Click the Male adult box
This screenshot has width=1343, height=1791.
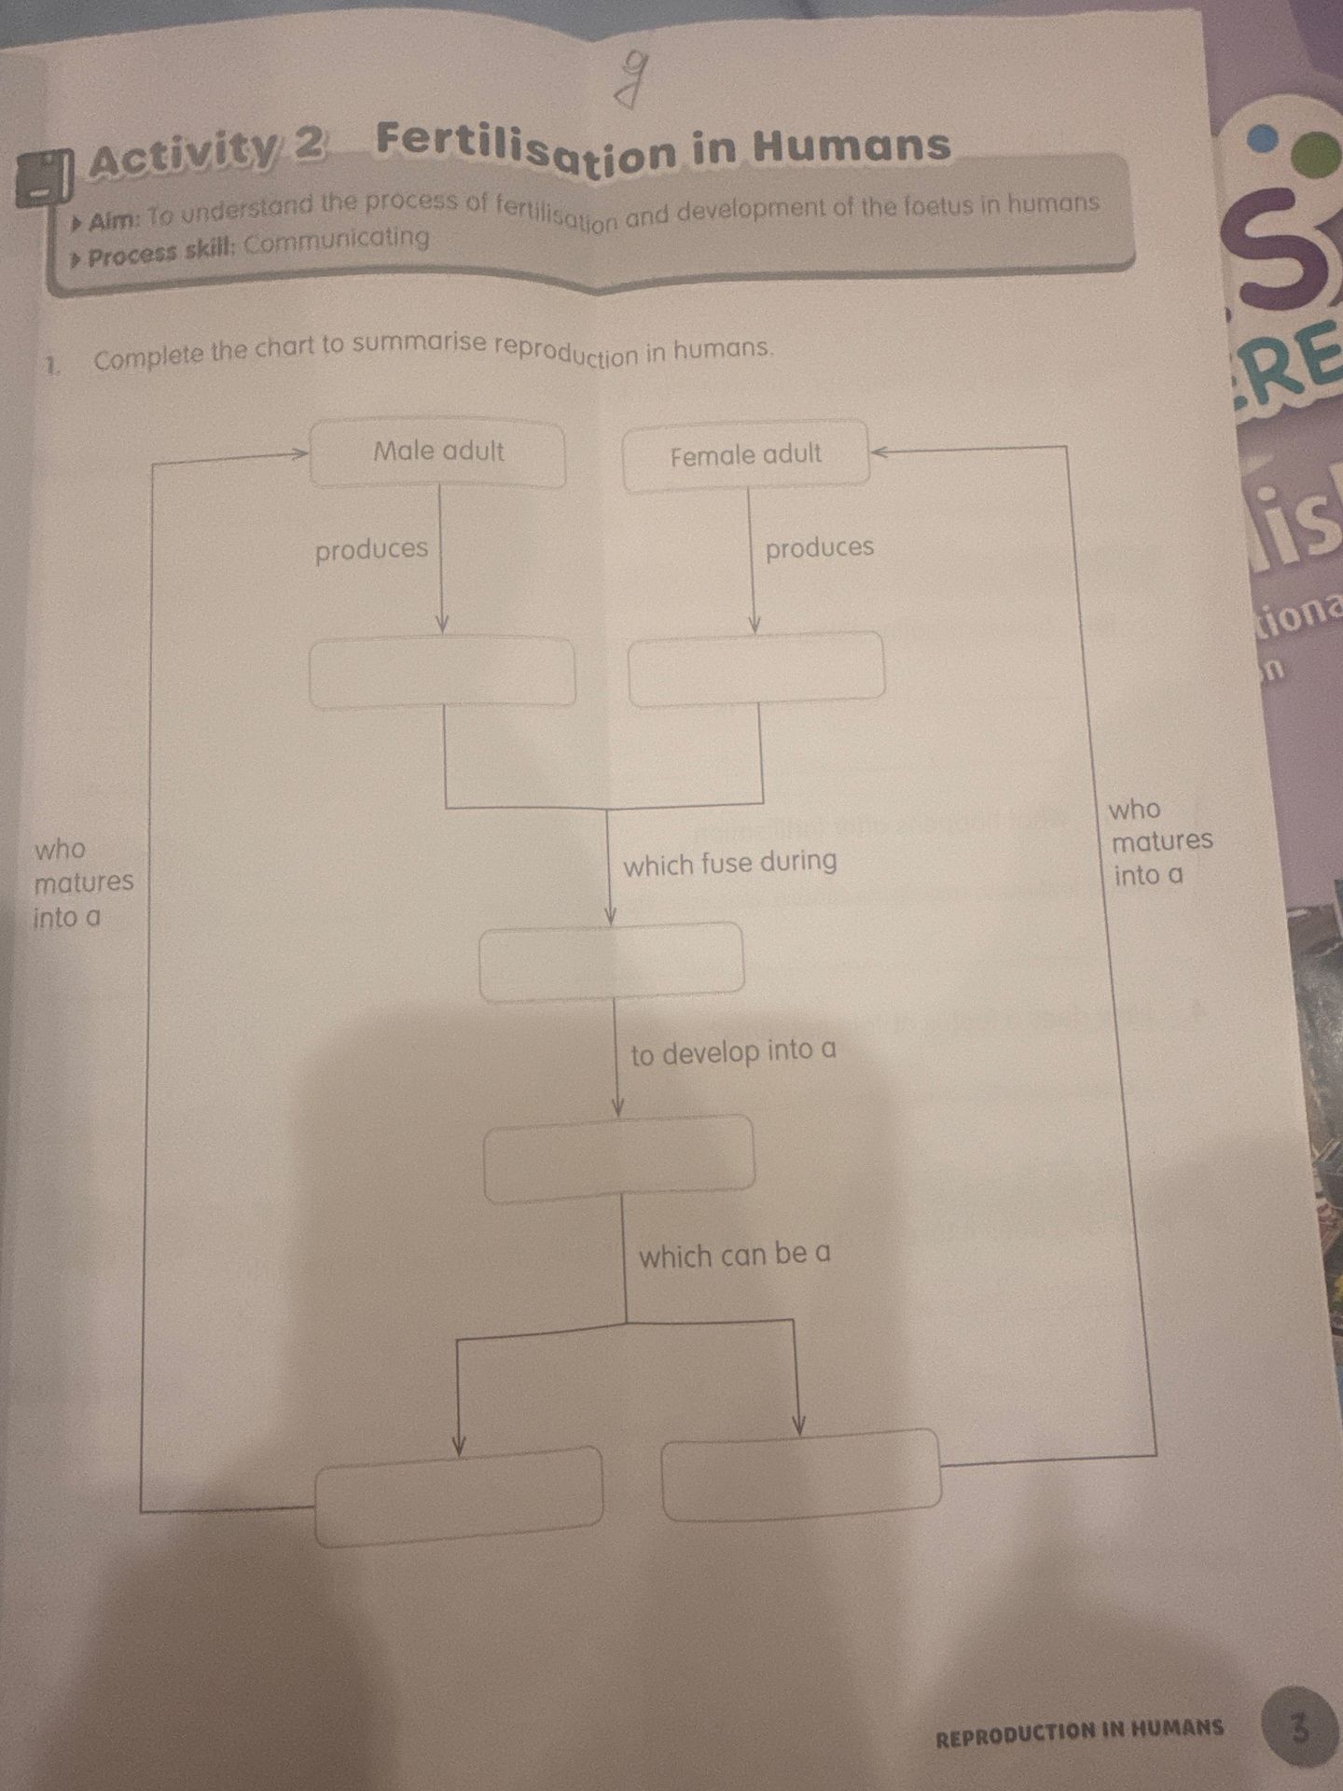click(x=437, y=453)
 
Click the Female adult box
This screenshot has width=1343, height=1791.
click(x=746, y=455)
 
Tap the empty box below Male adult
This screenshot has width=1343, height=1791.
click(x=442, y=672)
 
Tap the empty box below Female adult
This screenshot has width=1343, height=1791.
click(x=756, y=669)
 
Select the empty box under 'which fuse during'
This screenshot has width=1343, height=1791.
click(x=612, y=961)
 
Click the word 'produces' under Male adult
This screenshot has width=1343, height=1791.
click(x=371, y=550)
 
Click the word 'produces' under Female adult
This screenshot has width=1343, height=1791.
click(x=820, y=548)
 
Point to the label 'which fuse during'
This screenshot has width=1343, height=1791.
click(x=730, y=862)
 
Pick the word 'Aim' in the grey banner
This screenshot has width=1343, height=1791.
click(x=114, y=222)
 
